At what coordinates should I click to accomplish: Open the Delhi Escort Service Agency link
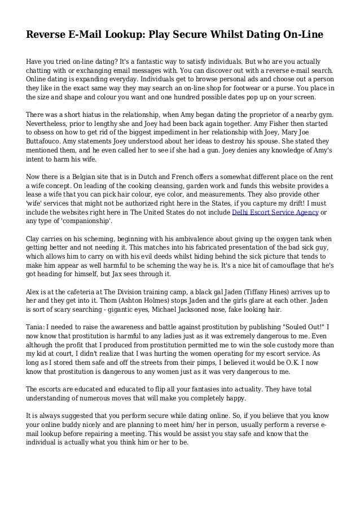[275, 212]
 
